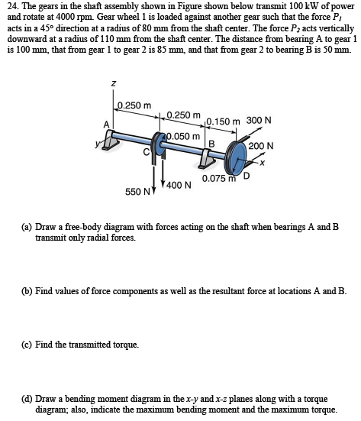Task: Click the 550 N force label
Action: coord(137,189)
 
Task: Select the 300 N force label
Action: coord(259,120)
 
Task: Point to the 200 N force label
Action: coord(261,146)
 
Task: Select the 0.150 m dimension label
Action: coord(223,121)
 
